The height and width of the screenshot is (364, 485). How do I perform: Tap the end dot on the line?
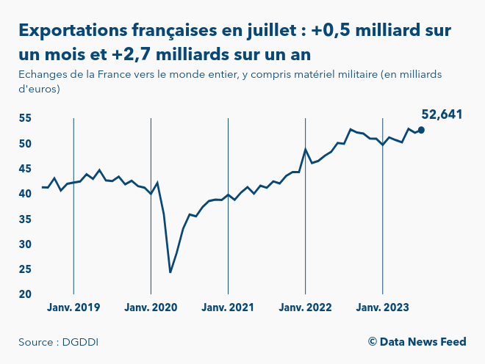click(421, 130)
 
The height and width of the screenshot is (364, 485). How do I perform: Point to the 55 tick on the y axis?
click(25, 118)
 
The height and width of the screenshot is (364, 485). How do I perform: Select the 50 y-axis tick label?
click(25, 144)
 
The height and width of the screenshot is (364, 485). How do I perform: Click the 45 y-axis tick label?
click(25, 169)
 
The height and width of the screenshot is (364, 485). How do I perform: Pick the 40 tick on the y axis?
click(25, 194)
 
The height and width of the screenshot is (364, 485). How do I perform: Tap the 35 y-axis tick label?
click(25, 219)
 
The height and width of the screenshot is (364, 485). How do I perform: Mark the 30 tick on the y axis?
click(25, 244)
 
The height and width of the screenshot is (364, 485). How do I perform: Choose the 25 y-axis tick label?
click(25, 269)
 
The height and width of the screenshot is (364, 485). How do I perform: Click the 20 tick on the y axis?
click(25, 294)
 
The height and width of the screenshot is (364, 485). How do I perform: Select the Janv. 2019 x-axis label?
click(73, 307)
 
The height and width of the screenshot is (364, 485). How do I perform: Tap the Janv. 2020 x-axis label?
click(151, 307)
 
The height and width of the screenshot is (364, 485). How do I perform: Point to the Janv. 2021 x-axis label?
click(228, 307)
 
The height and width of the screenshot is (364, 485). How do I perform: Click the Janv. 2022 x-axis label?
click(305, 307)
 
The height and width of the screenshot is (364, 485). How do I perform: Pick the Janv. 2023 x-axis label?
click(382, 307)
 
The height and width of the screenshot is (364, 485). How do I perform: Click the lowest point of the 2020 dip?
click(170, 272)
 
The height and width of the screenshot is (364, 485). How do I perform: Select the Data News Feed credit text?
click(417, 342)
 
